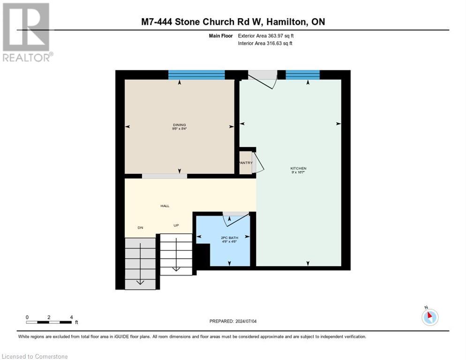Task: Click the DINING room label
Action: coord(179,125)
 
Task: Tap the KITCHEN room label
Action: coord(298,168)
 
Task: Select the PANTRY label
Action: coord(245,163)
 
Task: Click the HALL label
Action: coord(165,206)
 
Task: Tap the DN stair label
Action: coord(140,227)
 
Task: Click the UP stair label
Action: coord(176,225)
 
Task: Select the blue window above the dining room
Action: coord(196,75)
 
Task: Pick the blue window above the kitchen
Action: coord(302,75)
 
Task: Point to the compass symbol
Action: coord(429,317)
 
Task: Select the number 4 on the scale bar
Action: coord(71,317)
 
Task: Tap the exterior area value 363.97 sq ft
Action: coord(280,36)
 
